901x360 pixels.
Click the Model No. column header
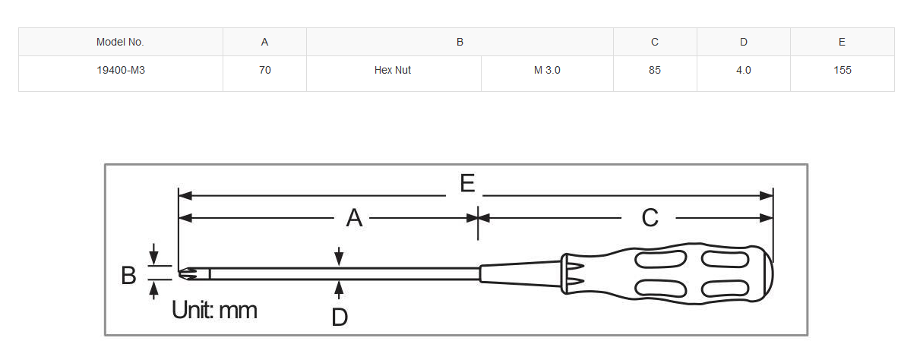pos(120,42)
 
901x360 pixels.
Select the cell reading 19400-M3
pos(120,71)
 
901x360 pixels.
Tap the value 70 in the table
pos(265,71)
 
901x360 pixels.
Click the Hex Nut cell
pos(393,71)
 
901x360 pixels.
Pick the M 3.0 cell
pos(546,71)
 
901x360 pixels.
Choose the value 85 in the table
pos(655,71)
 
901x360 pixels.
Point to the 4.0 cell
pos(744,71)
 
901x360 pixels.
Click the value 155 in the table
pos(842,71)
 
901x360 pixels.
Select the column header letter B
pos(460,42)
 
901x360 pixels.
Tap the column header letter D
pos(744,42)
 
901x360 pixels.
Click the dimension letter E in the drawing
pos(467,183)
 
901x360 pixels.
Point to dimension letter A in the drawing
pos(354,218)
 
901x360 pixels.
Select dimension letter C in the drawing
pos(650,218)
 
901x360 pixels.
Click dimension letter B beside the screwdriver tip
pos(128,276)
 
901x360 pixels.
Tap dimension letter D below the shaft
pos(340,317)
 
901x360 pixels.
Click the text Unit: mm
pos(214,310)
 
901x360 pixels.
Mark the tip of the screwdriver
pos(179,273)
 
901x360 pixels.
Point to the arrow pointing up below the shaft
pos(339,289)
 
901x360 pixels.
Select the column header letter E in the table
pos(842,42)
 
